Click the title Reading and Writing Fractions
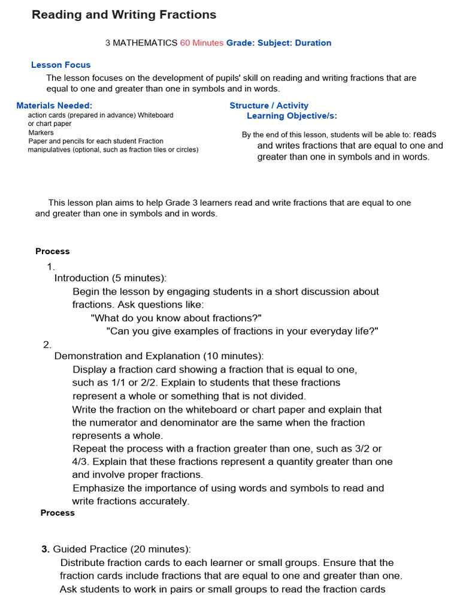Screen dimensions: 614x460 [x=124, y=15]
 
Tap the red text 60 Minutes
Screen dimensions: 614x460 [x=201, y=43]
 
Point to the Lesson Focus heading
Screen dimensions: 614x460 [x=60, y=65]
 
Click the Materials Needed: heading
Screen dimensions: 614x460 [x=54, y=106]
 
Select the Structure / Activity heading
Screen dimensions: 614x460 [x=269, y=106]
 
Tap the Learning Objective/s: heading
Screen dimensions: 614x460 [x=292, y=116]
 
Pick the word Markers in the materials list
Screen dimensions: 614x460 [x=41, y=133]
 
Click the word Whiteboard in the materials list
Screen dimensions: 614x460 [x=155, y=115]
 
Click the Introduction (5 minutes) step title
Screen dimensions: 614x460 [x=110, y=278]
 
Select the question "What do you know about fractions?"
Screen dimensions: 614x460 [x=176, y=318]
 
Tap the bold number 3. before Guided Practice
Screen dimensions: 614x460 [x=46, y=549]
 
